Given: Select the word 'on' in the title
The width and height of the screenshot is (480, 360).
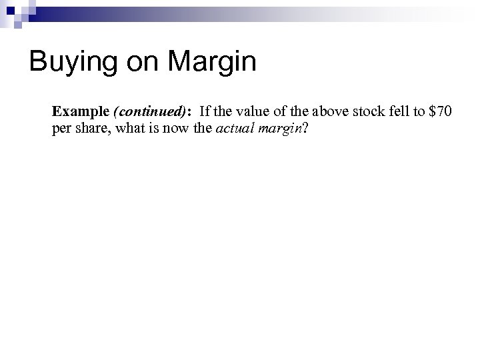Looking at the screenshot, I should [147, 63].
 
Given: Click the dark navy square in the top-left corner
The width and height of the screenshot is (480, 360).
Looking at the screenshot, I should [6, 6].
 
